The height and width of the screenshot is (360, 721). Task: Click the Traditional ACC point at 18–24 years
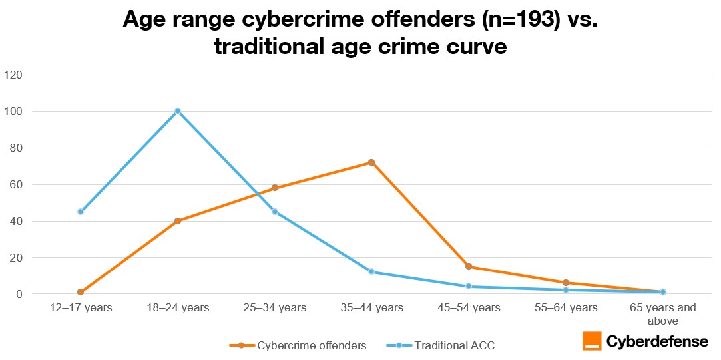[178, 111]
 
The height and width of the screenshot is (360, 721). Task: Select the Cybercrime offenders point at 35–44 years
[371, 162]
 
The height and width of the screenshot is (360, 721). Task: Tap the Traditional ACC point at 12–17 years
[81, 212]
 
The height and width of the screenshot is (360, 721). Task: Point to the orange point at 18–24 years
[178, 221]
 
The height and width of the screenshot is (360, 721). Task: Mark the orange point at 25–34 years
[274, 188]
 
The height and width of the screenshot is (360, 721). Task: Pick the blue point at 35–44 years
[371, 271]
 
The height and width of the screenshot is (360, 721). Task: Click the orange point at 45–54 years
[469, 266]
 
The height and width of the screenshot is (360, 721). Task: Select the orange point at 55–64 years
[566, 283]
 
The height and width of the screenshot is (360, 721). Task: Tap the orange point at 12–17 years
[81, 292]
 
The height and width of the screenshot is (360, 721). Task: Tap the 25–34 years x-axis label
[274, 307]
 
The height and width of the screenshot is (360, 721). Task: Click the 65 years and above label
[662, 313]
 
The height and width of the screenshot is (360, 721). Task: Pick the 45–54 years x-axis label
[469, 307]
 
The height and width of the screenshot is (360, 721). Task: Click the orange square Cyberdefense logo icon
[592, 341]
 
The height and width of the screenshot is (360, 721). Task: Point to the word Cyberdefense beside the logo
[657, 341]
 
